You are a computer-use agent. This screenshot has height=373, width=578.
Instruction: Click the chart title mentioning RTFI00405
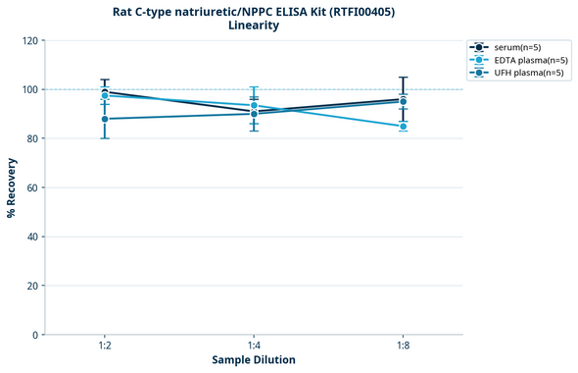tap(254, 11)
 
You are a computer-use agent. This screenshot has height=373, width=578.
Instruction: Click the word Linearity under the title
tap(254, 26)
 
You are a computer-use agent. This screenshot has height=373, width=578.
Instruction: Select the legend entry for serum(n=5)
tap(516, 47)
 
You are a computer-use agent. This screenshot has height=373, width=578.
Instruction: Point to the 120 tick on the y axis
tap(30, 41)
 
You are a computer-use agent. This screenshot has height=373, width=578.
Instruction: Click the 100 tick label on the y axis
tap(30, 90)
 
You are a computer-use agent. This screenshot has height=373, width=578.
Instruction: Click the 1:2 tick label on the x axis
tap(104, 346)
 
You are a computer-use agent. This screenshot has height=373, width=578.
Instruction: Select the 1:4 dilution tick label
tap(254, 346)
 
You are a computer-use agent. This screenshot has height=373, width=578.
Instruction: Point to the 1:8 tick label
tap(403, 346)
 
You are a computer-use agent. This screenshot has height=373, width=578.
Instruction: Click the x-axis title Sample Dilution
tap(254, 360)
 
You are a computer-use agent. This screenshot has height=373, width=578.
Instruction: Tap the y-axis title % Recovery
tap(12, 187)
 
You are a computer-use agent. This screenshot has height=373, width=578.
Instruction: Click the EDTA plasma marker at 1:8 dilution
tap(403, 127)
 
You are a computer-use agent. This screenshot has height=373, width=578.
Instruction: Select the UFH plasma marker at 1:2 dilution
tap(105, 119)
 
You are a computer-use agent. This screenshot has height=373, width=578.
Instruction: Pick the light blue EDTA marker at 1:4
tap(254, 106)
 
